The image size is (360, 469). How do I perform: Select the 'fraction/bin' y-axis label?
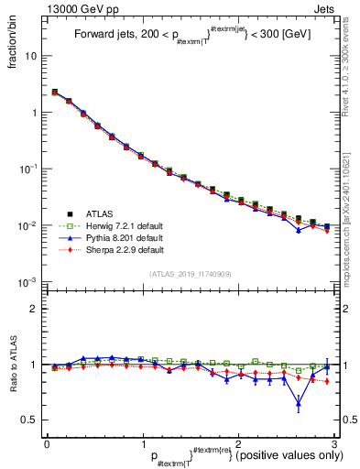point(12,46)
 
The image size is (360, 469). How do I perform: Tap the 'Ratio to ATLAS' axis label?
point(12,364)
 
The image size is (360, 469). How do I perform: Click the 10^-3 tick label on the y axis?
point(28,282)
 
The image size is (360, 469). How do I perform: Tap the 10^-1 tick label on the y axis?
point(28,169)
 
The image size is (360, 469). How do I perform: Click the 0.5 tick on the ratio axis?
point(29,420)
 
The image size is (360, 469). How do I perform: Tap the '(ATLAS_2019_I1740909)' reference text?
point(189,274)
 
